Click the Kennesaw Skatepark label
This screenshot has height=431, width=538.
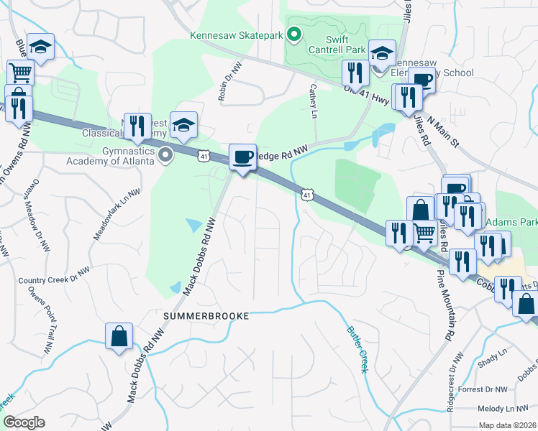click(237, 34)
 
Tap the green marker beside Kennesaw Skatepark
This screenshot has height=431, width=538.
click(293, 34)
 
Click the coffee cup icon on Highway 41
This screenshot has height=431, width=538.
click(242, 157)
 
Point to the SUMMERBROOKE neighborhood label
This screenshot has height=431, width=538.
click(206, 316)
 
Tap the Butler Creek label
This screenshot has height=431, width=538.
click(357, 349)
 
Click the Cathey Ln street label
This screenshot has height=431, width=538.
click(314, 101)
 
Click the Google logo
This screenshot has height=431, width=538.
click(24, 422)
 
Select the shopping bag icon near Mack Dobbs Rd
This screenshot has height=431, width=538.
click(119, 336)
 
